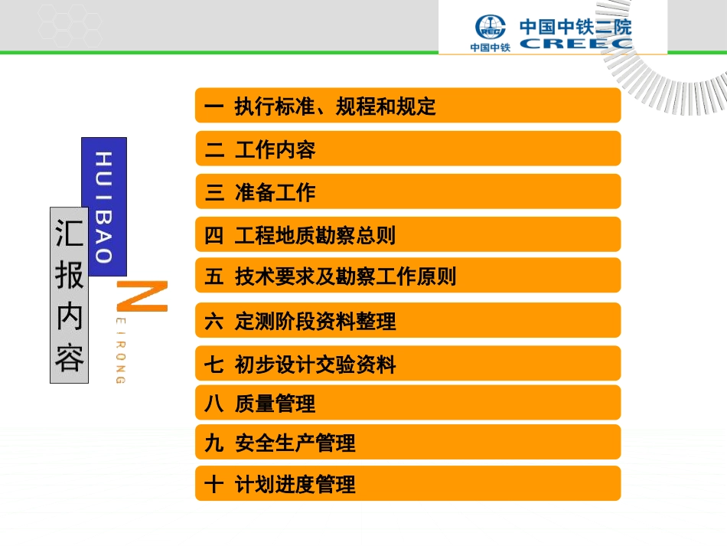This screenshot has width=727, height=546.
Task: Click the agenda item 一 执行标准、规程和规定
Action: pyautogui.click(x=407, y=106)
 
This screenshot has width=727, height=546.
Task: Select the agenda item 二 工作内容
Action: pyautogui.click(x=407, y=149)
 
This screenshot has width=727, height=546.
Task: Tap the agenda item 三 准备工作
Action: pyautogui.click(x=407, y=191)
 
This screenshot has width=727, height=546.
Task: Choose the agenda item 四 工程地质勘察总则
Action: pyautogui.click(x=407, y=234)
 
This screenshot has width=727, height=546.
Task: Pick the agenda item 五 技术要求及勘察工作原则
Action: pyautogui.click(x=407, y=276)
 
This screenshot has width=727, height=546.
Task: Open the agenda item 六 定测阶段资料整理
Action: pyautogui.click(x=407, y=320)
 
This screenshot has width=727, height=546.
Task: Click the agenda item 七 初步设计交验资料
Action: pyautogui.click(x=407, y=364)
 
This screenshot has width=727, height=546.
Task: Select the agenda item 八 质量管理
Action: pyautogui.click(x=407, y=403)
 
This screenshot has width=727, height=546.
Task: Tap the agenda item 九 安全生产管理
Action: pyautogui.click(x=407, y=443)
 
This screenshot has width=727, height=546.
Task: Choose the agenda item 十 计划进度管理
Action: pyautogui.click(x=407, y=484)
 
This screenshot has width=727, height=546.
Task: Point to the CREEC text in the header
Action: pyautogui.click(x=575, y=44)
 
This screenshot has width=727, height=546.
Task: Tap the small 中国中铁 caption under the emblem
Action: pyautogui.click(x=490, y=47)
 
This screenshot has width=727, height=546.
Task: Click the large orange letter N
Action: pyautogui.click(x=142, y=296)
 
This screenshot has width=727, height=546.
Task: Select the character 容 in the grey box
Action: pyautogui.click(x=70, y=357)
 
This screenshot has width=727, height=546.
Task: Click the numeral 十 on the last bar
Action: pyautogui.click(x=214, y=484)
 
